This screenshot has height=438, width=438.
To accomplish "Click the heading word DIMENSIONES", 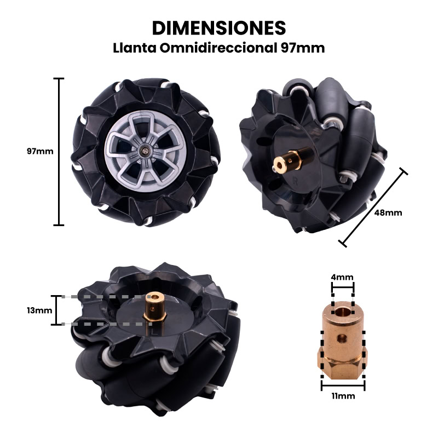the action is [219, 28].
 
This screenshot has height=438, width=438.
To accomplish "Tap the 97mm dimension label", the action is [40, 151].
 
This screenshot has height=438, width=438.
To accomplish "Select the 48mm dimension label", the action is [388, 212].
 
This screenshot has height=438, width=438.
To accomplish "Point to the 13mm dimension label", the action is [39, 310].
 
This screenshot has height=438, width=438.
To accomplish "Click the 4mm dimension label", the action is [342, 277].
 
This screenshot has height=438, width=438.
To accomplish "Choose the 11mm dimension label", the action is [343, 396].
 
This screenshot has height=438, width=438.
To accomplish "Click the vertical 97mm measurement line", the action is [59, 152].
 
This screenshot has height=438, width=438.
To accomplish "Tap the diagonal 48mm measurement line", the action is [373, 208].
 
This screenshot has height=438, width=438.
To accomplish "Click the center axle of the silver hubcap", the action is [145, 151].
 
